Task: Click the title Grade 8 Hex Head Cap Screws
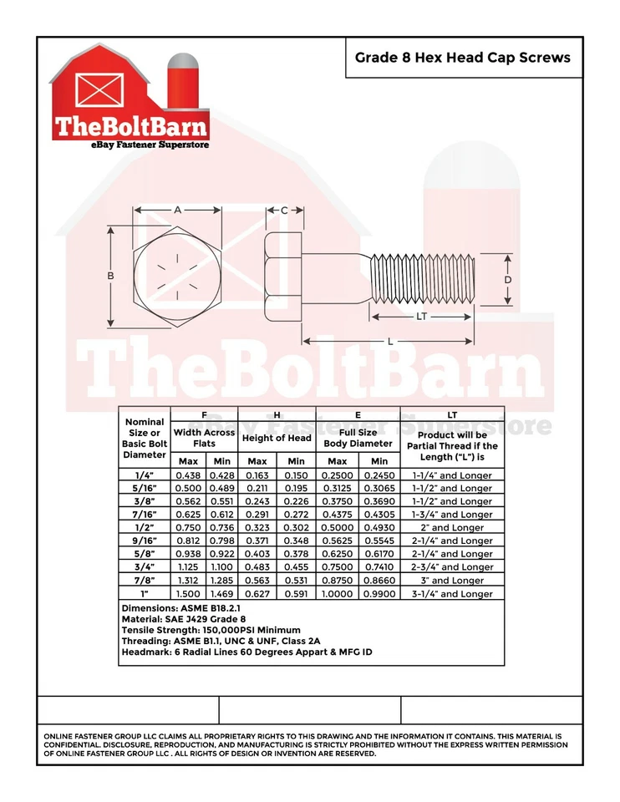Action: point(463,58)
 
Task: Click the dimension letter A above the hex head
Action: point(178,210)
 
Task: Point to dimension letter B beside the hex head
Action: point(109,276)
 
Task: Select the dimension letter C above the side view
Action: point(284,211)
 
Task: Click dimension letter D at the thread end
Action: point(507,279)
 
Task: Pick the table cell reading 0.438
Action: point(187,475)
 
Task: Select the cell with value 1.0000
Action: point(338,594)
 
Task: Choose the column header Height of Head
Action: point(277,438)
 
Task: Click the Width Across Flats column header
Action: point(204,438)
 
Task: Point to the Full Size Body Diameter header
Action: point(358,438)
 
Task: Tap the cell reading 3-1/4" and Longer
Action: point(452,594)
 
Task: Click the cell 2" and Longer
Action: point(452,528)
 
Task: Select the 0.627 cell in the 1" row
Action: point(257,594)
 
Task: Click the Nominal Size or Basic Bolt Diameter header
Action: point(145,438)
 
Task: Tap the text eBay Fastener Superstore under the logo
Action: point(138,145)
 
